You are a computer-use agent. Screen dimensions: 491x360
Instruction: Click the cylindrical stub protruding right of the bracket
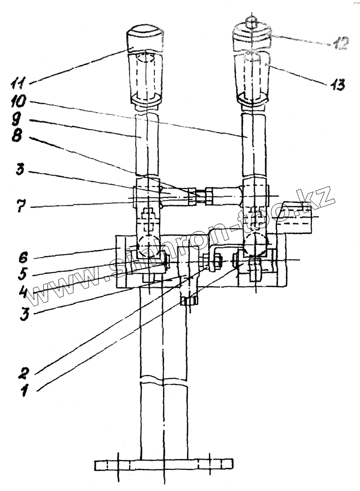[x=297, y=217]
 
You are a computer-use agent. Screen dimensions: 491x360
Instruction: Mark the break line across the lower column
[x=164, y=381]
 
